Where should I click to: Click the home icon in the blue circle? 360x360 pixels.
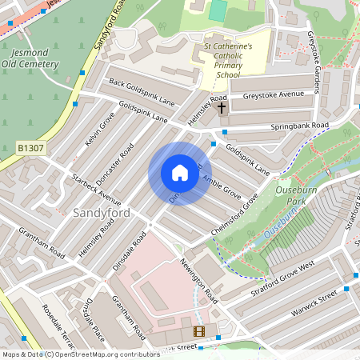click(179, 173)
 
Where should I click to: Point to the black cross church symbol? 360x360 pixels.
click(222, 106)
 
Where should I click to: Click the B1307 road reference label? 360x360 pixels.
click(30, 148)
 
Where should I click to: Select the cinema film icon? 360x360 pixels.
click(198, 331)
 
